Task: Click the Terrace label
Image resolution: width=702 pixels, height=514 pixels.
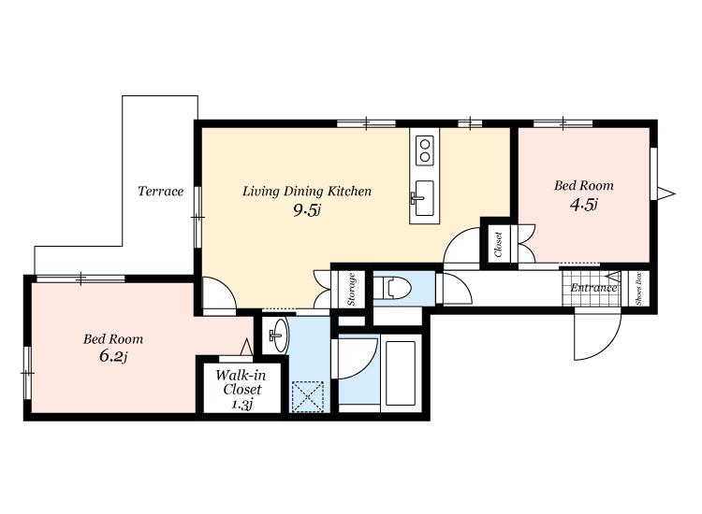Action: click(x=161, y=192)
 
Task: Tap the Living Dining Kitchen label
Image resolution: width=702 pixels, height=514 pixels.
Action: click(x=307, y=192)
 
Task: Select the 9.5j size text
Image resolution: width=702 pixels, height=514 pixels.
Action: click(x=307, y=210)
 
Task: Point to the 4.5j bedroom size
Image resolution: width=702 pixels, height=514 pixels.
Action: click(x=584, y=205)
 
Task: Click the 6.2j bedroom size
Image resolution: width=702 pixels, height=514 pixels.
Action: click(x=113, y=356)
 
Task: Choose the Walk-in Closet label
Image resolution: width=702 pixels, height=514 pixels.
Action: click(x=241, y=382)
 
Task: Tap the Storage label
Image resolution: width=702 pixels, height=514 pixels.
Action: click(x=351, y=289)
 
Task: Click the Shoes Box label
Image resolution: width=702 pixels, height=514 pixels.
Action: click(x=638, y=289)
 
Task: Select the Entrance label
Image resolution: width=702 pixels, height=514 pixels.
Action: click(x=593, y=288)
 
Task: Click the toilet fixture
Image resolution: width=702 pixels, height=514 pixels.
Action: click(x=392, y=287)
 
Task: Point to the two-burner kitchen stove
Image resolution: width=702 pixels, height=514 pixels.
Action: click(x=425, y=150)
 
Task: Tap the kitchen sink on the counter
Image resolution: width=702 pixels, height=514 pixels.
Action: click(x=423, y=198)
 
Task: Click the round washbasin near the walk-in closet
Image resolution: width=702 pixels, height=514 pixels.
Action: click(x=279, y=336)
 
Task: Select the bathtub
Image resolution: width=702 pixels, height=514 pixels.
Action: click(x=401, y=373)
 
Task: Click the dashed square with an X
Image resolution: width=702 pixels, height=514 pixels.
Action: click(x=308, y=396)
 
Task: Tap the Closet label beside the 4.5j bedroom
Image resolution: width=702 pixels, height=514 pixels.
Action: click(x=498, y=245)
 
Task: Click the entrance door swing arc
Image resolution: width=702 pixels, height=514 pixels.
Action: click(x=607, y=345)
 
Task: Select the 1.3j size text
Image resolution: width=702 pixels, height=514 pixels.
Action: click(x=242, y=405)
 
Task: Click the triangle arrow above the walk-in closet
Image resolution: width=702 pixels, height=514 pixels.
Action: click(x=246, y=348)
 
